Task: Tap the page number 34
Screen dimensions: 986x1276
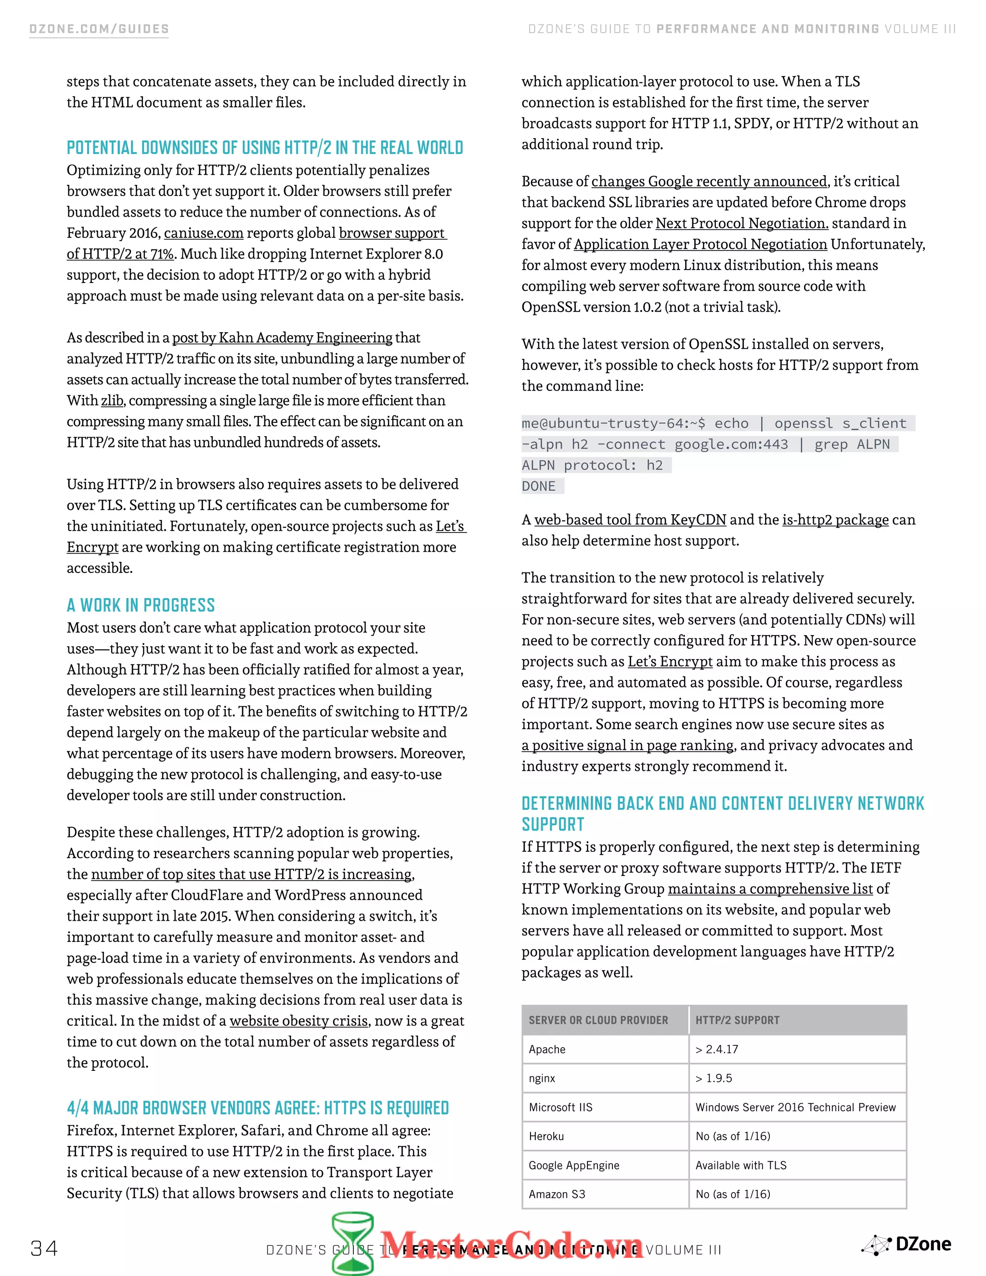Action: pyautogui.click(x=44, y=1249)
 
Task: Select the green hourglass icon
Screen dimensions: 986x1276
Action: pyautogui.click(x=353, y=1242)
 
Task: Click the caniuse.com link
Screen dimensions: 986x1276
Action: pyautogui.click(x=203, y=233)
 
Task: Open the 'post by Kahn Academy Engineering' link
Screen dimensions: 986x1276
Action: pyautogui.click(x=282, y=338)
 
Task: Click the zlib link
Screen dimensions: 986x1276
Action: pyautogui.click(x=112, y=401)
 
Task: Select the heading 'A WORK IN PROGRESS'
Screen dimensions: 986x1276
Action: pyautogui.click(x=141, y=605)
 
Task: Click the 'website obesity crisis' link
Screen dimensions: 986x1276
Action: pyautogui.click(x=298, y=1021)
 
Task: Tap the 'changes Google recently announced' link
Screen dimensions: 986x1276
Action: pyautogui.click(x=709, y=182)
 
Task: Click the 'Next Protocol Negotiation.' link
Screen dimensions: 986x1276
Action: pyautogui.click(x=742, y=223)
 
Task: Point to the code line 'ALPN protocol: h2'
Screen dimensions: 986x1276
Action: pyautogui.click(x=592, y=465)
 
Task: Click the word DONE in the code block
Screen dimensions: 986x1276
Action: pyautogui.click(x=539, y=486)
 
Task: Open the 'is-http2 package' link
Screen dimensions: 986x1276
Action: pyautogui.click(x=835, y=520)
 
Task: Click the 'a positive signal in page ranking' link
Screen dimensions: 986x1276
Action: pyautogui.click(x=628, y=745)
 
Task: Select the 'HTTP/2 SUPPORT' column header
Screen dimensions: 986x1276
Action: pyautogui.click(x=737, y=1020)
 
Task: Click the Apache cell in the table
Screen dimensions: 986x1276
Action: pyautogui.click(x=547, y=1049)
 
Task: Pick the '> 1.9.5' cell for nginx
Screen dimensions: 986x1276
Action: pyautogui.click(x=714, y=1079)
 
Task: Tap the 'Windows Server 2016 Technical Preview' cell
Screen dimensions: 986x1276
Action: pyautogui.click(x=795, y=1107)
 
